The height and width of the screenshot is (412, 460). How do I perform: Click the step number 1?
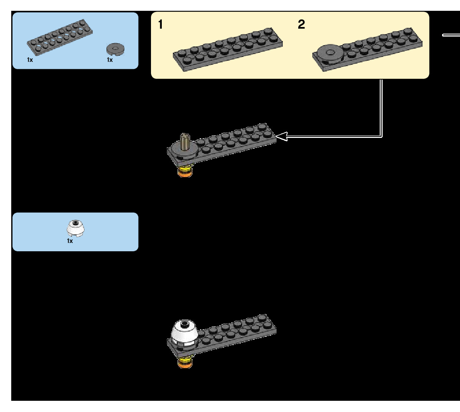click(161, 25)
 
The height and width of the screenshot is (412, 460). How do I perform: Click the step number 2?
click(302, 25)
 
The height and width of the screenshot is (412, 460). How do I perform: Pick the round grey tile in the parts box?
click(116, 49)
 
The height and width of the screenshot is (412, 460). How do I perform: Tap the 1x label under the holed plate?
click(30, 60)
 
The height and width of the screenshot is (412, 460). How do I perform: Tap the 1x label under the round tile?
click(110, 60)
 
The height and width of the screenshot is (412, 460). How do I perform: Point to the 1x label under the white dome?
click(70, 241)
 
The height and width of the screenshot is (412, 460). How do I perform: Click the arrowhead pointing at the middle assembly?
click(281, 136)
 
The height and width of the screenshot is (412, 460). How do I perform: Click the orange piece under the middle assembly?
click(183, 174)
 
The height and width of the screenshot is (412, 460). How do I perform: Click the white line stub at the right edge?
click(451, 35)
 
